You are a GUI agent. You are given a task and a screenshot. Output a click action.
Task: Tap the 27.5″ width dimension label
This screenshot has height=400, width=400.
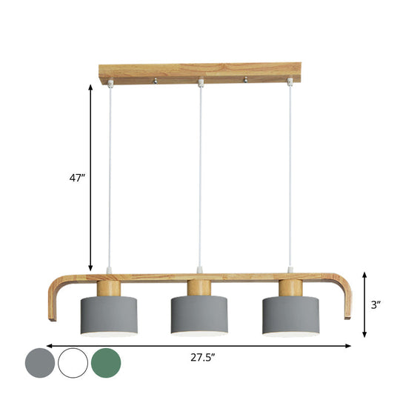coord(201,357)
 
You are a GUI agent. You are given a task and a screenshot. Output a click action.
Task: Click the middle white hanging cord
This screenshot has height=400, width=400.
coord(199,178)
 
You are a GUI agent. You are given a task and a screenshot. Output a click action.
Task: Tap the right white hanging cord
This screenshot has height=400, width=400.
coord(290,178)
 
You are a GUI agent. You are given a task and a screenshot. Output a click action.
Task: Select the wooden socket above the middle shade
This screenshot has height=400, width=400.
coord(199,289)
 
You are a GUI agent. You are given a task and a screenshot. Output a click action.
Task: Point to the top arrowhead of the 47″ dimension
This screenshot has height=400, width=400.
coord(91,87)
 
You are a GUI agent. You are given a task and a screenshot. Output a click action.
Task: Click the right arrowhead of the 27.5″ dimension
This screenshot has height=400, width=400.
coord(349,346)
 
